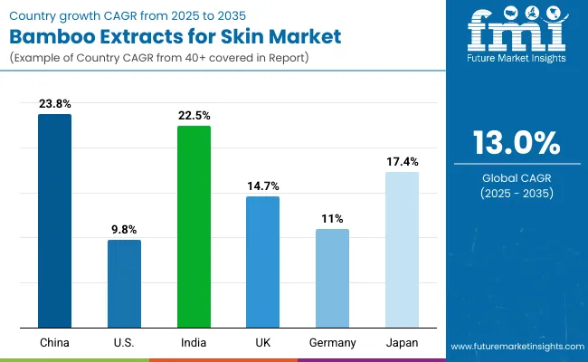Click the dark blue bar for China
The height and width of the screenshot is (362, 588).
click(54, 221)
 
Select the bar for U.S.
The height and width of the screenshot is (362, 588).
click(124, 283)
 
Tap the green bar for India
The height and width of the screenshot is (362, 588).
click(194, 226)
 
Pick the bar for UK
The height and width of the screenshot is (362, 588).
click(262, 262)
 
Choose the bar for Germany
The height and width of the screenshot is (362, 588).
click(332, 278)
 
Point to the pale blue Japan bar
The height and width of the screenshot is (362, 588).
click(402, 250)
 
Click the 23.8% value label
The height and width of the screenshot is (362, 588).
click(54, 104)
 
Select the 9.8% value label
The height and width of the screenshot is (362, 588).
click(124, 230)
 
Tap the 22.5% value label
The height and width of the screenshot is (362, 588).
click(194, 116)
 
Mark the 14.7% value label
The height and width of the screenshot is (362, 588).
click(262, 186)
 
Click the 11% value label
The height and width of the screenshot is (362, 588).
click(332, 219)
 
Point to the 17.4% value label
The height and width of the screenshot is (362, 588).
click(402, 162)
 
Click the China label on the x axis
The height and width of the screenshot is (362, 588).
click(54, 343)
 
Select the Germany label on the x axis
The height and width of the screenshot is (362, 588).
click(332, 343)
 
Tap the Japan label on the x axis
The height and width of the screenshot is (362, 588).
click(402, 343)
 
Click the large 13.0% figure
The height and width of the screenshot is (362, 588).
click(516, 143)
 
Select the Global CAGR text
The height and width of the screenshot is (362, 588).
click(516, 178)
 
